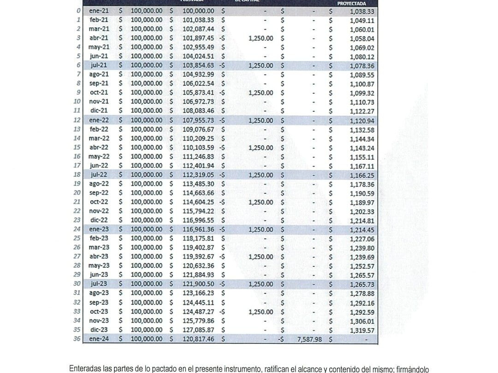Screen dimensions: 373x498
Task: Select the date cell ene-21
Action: (99, 11)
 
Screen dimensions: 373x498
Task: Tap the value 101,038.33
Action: (198, 20)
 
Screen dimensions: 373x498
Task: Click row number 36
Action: (77, 339)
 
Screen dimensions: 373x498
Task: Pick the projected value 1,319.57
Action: (362, 330)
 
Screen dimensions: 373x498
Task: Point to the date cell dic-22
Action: (99, 220)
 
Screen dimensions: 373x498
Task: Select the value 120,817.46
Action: (198, 339)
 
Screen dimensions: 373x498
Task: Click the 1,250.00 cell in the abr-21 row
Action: (261, 38)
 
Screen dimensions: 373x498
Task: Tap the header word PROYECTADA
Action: (351, 3)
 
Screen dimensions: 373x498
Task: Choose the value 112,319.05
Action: (198, 175)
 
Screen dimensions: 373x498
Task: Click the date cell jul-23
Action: (99, 284)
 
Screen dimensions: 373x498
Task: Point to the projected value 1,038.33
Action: (362, 11)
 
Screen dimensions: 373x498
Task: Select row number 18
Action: (77, 175)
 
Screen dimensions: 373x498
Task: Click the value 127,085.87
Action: (198, 330)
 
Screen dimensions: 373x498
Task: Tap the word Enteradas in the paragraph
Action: (84, 369)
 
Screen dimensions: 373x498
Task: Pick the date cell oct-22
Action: (99, 202)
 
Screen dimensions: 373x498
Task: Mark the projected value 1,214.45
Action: (362, 229)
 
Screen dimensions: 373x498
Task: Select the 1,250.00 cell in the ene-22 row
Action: (261, 120)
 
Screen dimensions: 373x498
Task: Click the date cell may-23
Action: (99, 266)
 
